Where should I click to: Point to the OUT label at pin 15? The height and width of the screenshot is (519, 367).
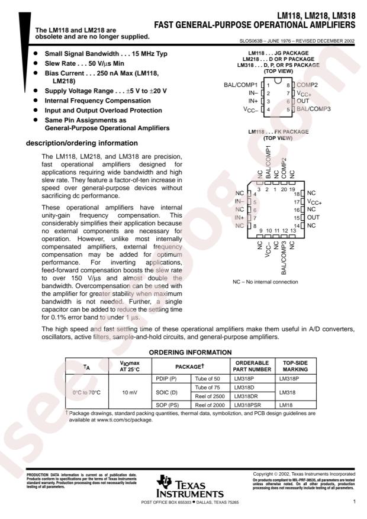point(314,218)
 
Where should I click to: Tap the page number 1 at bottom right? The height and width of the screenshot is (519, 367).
point(353,502)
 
